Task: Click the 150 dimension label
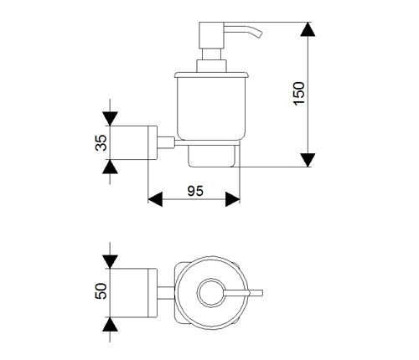(299, 94)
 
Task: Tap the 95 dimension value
(195, 191)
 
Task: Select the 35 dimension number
(101, 143)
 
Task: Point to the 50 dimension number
(101, 291)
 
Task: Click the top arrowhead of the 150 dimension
(308, 29)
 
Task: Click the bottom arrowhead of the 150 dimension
(308, 160)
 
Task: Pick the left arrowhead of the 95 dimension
(155, 199)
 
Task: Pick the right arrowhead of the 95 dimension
(232, 199)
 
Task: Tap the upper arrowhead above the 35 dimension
(110, 119)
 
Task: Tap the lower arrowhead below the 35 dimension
(110, 167)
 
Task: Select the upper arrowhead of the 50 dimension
(110, 262)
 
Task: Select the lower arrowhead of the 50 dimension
(110, 324)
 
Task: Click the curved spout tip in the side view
(260, 34)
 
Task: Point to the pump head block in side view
(211, 35)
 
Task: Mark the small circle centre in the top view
(211, 293)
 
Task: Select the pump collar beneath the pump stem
(211, 66)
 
